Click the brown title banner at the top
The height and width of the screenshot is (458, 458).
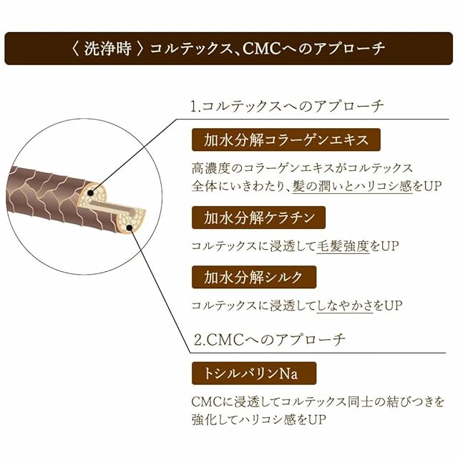pyautogui.click(x=229, y=49)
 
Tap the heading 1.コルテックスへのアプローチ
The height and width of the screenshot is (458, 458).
pyautogui.click(x=287, y=106)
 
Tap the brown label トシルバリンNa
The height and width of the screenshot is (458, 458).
pyautogui.click(x=253, y=374)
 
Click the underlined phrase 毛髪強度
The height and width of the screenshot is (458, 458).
pyautogui.click(x=340, y=245)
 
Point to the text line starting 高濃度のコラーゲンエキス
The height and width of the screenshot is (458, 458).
pyautogui.click(x=302, y=168)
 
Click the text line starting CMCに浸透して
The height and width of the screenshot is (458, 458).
pyautogui.click(x=318, y=401)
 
